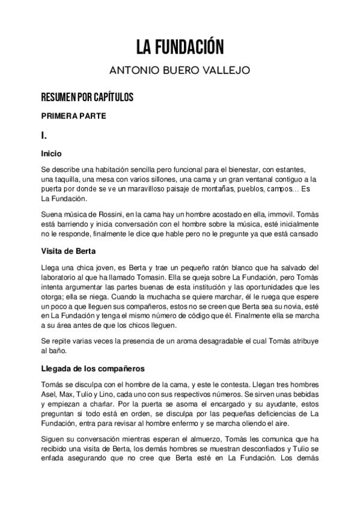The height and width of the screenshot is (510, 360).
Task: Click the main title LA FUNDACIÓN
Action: (180, 46)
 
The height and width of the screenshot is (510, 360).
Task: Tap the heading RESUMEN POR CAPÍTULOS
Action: (87, 97)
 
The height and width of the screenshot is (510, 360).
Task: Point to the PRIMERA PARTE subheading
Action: (74, 116)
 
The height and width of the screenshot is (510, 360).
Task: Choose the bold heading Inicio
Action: (50, 153)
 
